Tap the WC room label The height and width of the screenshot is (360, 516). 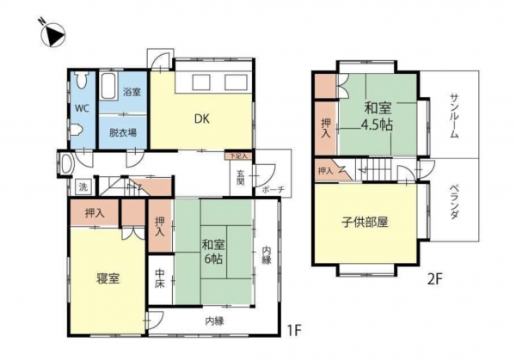[x=80, y=109]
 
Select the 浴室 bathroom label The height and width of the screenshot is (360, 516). [x=132, y=91]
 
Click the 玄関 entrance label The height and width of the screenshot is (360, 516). [x=242, y=179]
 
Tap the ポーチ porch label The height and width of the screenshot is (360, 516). [x=274, y=189]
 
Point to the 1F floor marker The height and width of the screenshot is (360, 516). [x=295, y=328]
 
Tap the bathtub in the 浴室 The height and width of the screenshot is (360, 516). [x=108, y=86]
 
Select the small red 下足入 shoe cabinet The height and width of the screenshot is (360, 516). [x=238, y=156]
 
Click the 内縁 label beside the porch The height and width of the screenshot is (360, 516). [x=267, y=256]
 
